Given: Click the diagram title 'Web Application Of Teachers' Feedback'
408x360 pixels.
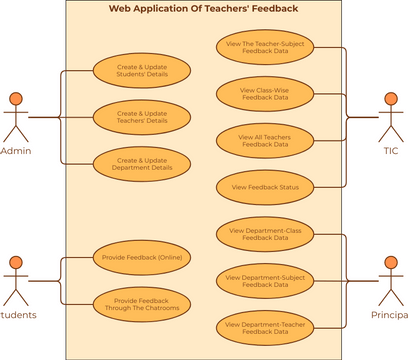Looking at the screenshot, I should [203, 9].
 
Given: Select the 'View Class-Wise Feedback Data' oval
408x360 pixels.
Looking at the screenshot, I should [265, 94].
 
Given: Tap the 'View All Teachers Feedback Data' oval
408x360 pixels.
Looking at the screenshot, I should [265, 140].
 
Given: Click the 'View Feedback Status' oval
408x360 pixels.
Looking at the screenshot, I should [265, 186].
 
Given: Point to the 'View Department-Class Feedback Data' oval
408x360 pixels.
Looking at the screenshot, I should [265, 234].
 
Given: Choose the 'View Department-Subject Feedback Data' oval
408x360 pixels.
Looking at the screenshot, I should [265, 280].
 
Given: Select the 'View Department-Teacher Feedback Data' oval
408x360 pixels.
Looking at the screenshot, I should [265, 326].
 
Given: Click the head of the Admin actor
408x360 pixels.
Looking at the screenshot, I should [15, 98].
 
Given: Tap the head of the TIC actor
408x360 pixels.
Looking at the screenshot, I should [391, 98].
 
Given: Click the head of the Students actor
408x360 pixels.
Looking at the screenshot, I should [15, 263].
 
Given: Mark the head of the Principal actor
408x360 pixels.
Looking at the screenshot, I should [391, 263].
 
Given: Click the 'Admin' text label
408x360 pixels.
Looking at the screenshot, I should [16, 150].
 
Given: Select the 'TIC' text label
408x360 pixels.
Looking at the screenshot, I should [391, 150].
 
